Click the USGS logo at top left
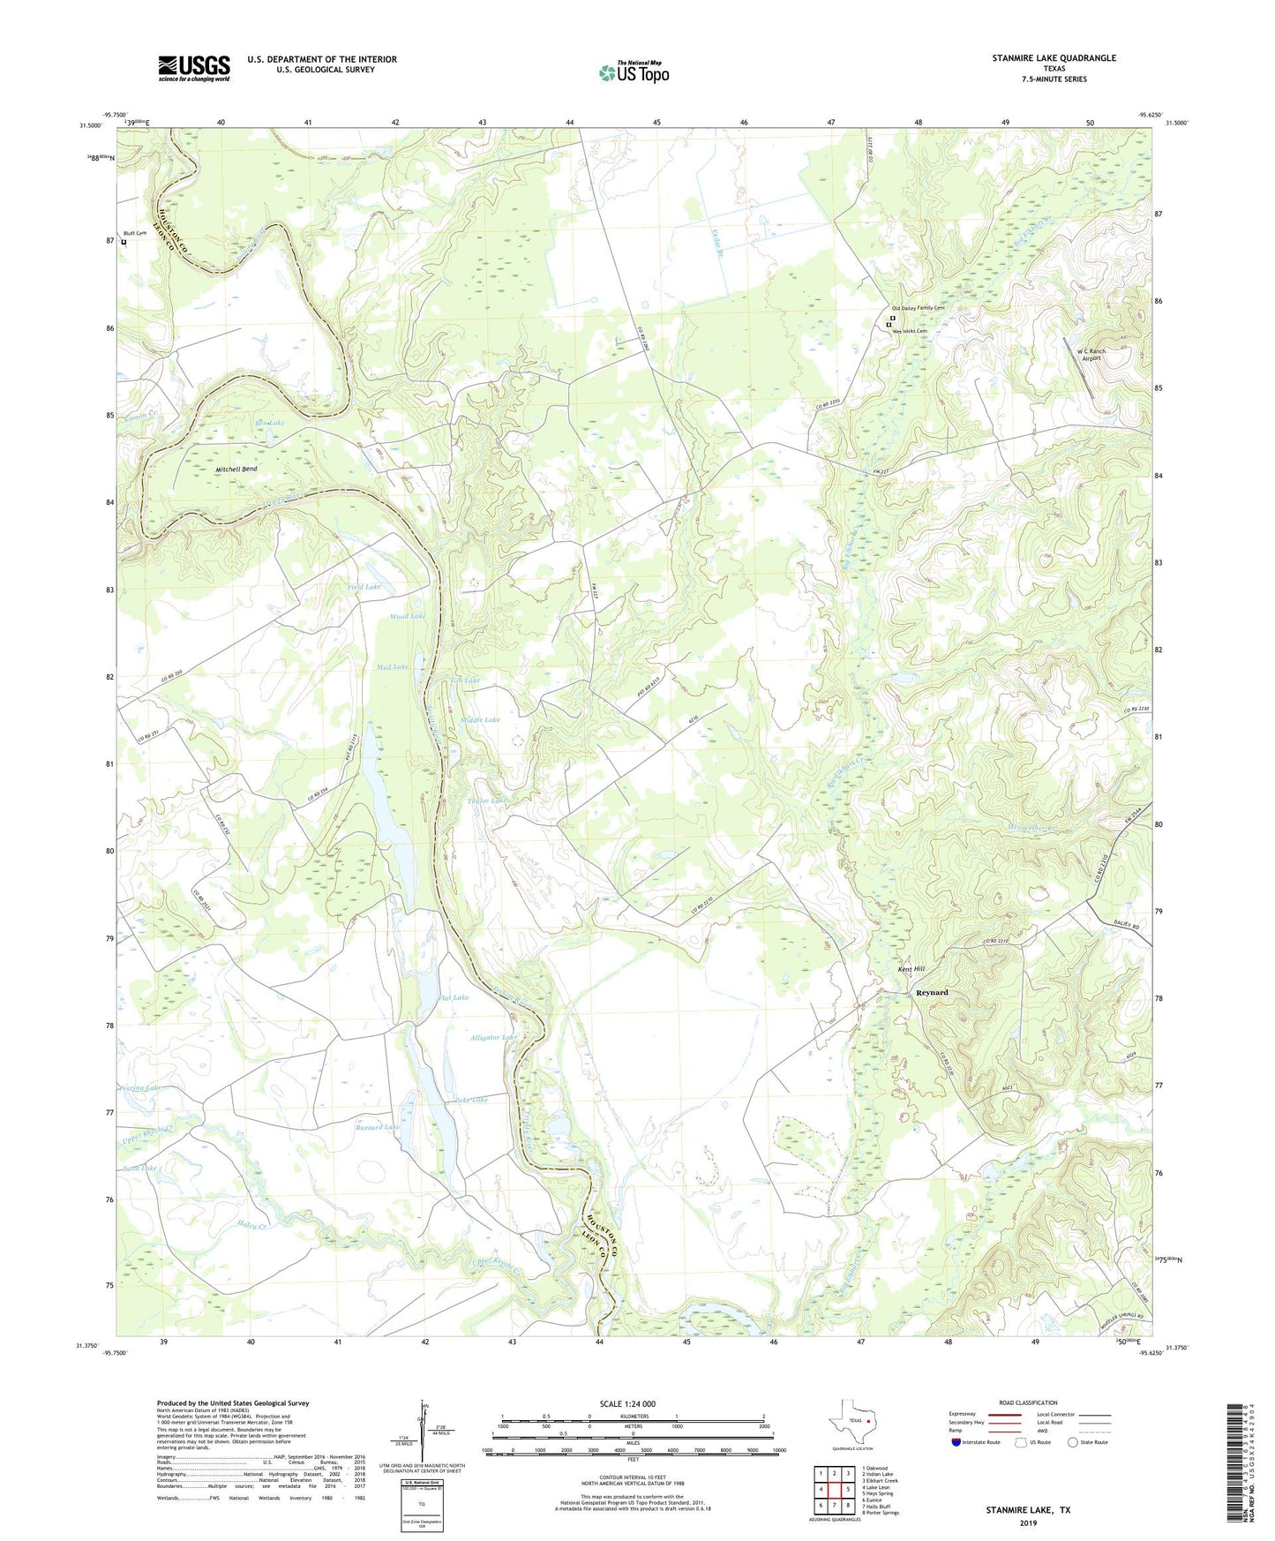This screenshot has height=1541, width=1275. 194,68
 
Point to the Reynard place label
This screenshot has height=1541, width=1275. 932,993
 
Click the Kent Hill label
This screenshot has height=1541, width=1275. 911,969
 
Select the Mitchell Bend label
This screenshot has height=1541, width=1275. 236,470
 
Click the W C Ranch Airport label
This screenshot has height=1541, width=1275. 1091,355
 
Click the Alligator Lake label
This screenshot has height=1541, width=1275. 493,1038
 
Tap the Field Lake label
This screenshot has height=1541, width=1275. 364,587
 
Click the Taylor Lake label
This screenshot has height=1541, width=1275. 487,801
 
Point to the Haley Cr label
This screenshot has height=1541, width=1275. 252,1225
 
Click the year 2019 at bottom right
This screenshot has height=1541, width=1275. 1028,1522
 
